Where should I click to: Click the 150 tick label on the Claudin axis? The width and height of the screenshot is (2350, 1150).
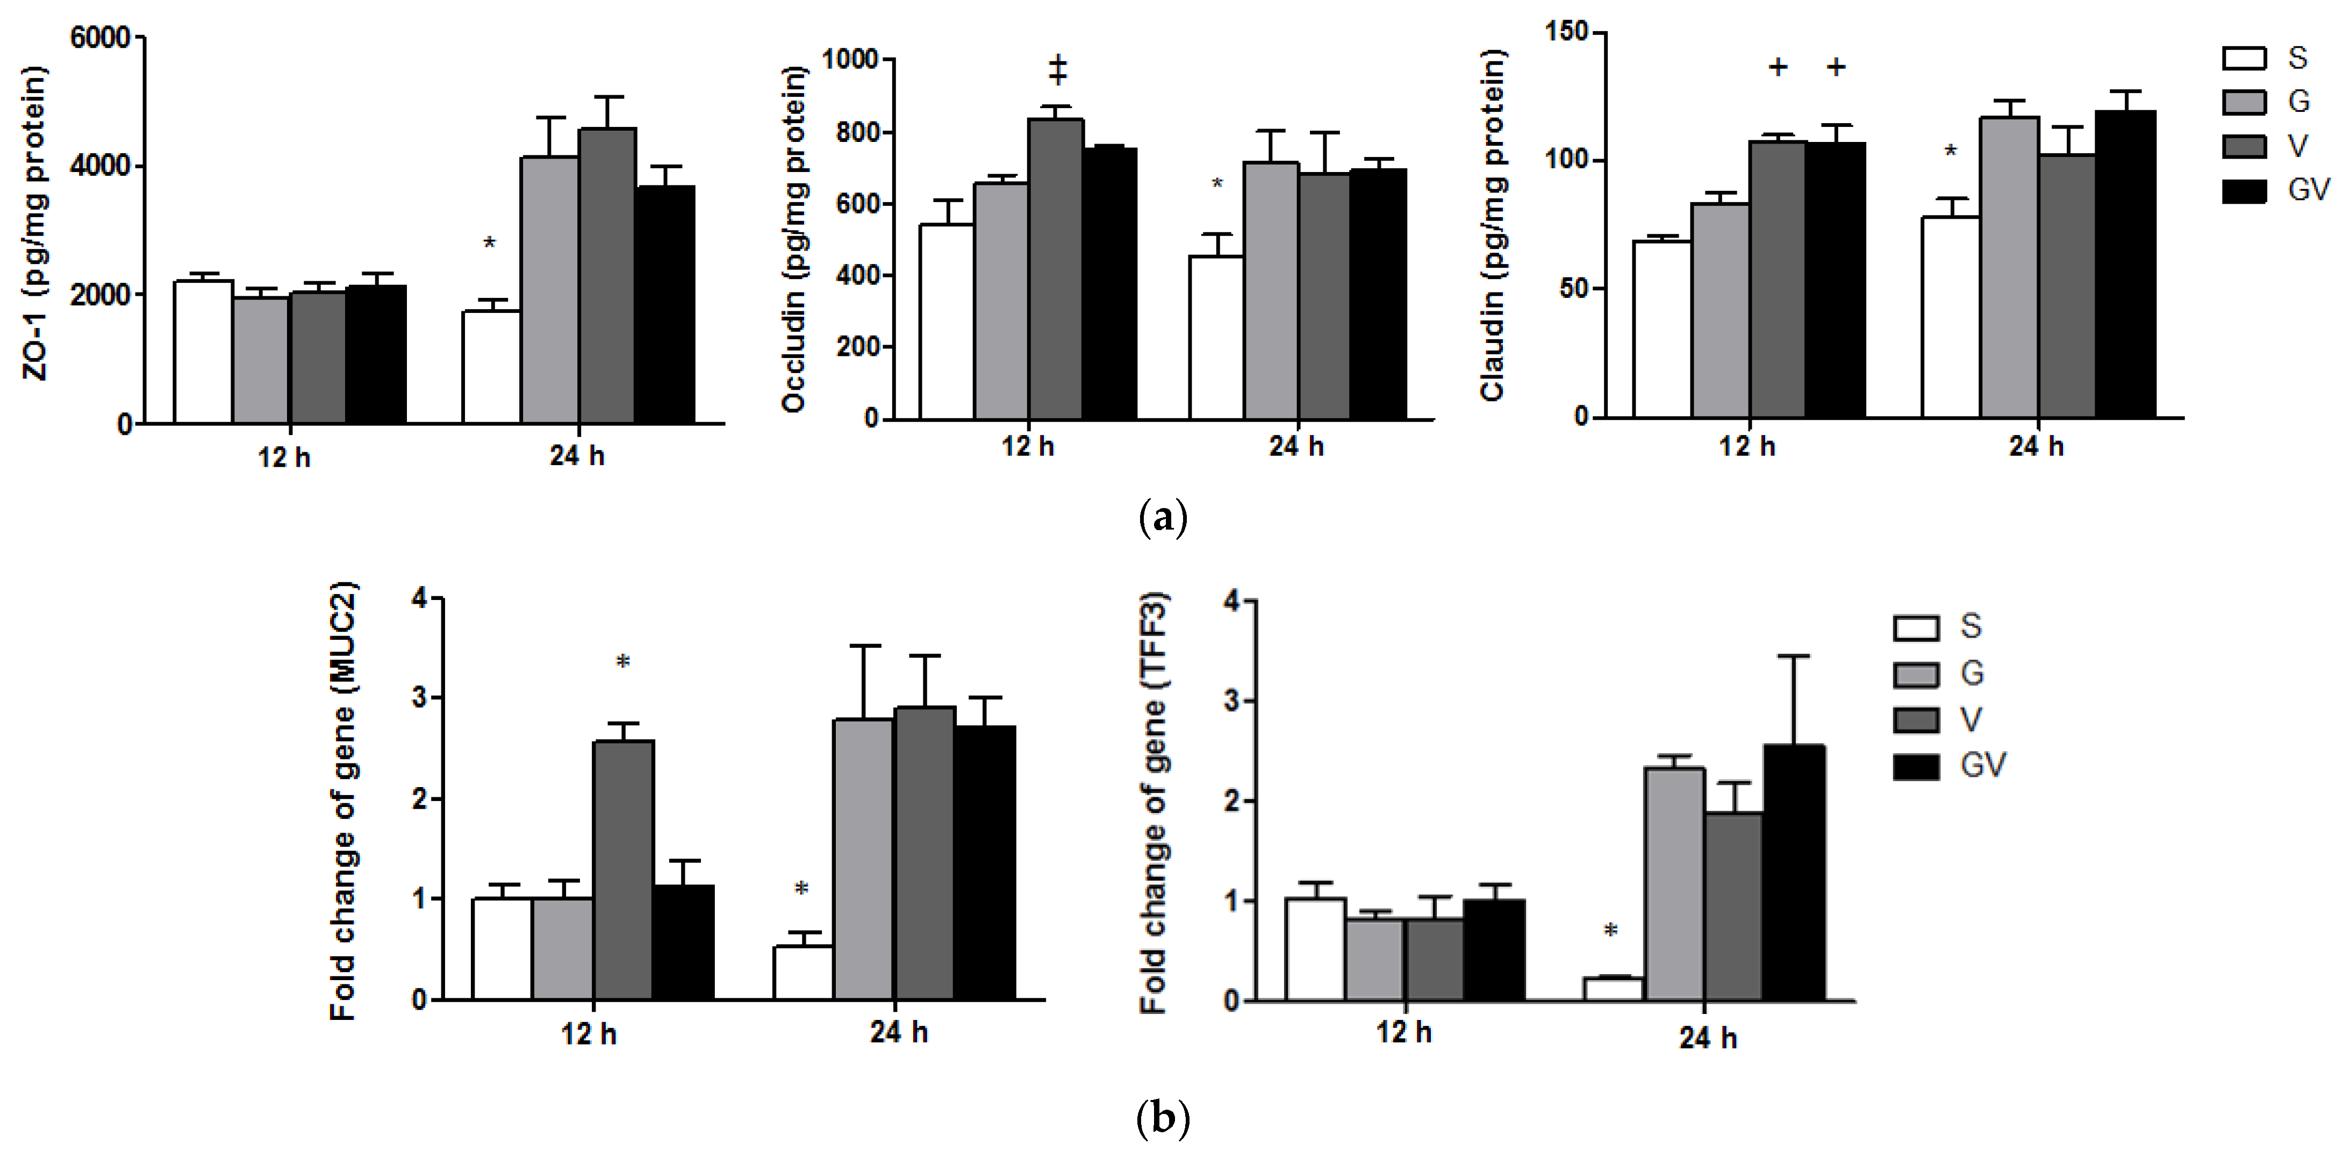click(x=1565, y=32)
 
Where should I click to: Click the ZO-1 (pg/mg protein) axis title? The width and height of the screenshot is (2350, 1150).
click(x=34, y=224)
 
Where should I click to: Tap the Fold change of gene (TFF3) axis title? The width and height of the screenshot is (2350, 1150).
click(x=1153, y=803)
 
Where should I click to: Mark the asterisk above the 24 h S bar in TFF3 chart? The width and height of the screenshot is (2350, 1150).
click(x=1610, y=931)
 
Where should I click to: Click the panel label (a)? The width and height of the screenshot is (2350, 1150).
click(x=1163, y=518)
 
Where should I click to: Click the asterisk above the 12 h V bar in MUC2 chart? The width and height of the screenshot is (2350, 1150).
click(x=623, y=662)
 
